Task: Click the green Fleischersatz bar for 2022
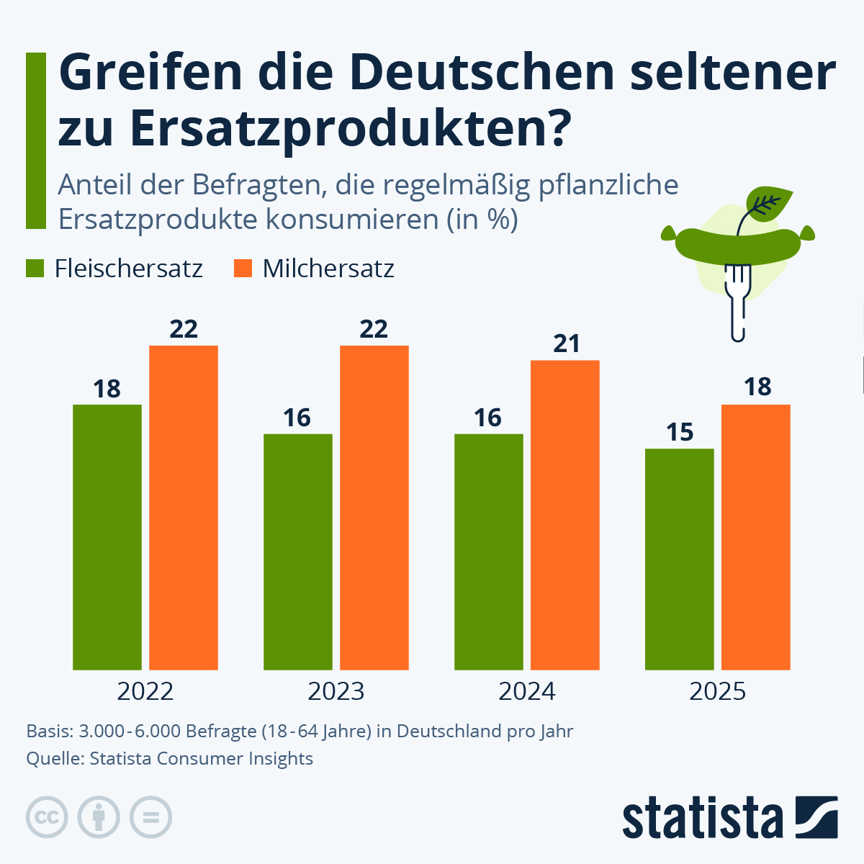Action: click(x=107, y=536)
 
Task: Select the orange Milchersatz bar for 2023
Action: click(x=374, y=508)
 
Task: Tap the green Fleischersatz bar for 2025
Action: click(x=679, y=559)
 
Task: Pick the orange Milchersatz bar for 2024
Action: click(x=564, y=515)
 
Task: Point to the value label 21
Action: click(x=567, y=344)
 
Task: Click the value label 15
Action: click(x=680, y=433)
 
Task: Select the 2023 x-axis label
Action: click(x=336, y=692)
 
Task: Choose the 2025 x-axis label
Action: click(x=718, y=692)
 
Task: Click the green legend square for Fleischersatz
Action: click(x=36, y=269)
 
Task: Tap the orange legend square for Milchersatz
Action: click(x=244, y=269)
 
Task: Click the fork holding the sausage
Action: click(x=738, y=302)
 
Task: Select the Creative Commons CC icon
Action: click(x=47, y=817)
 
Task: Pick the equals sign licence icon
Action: click(x=150, y=817)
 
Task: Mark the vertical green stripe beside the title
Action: click(x=35, y=140)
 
